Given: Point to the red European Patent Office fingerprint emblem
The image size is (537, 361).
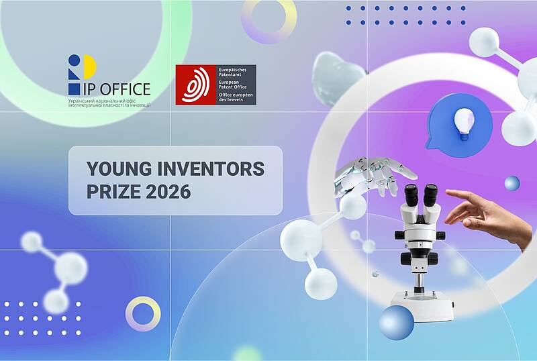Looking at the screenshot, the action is (195, 85).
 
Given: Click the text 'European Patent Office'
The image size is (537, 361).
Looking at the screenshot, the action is (232, 85).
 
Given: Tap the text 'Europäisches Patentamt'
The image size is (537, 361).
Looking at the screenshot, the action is (232, 72).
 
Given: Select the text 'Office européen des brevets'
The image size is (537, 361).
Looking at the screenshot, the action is (236, 97).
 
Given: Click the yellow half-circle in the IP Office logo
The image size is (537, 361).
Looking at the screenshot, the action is (90, 66).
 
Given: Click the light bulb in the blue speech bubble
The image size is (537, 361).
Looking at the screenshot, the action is (464, 124).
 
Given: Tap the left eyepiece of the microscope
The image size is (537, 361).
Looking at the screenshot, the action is (410, 195).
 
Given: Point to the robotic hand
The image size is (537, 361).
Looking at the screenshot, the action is (374, 176).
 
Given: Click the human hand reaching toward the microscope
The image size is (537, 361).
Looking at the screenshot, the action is (489, 217).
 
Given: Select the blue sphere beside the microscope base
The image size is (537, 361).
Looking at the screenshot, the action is (397, 323).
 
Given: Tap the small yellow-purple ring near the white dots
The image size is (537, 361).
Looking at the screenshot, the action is (143, 314).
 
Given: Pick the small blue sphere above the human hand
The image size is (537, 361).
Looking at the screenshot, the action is (512, 183).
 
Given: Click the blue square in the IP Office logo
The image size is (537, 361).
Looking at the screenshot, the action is (74, 89).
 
